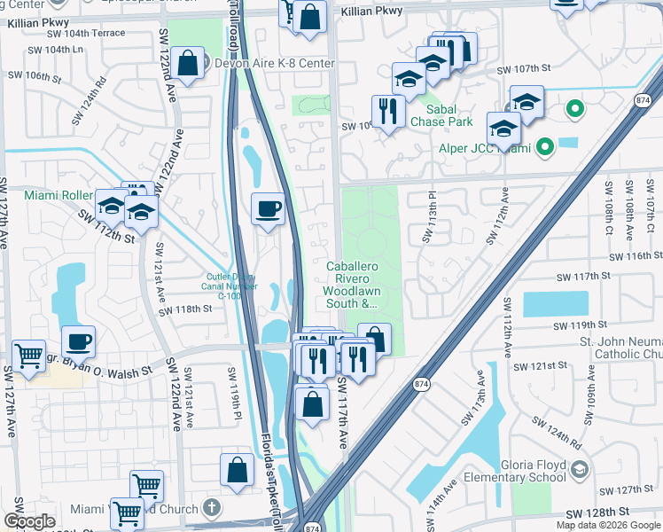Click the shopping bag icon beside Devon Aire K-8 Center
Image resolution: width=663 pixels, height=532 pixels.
point(188,63)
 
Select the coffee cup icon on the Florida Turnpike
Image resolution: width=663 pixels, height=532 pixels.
point(269,209)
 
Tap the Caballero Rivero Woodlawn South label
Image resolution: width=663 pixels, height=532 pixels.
point(359,284)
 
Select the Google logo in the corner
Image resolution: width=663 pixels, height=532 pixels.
point(29,521)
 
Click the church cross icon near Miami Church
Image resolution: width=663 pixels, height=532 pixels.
point(210,508)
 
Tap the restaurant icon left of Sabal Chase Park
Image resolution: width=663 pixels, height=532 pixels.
point(388,111)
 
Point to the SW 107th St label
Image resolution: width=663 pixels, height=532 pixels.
point(524,69)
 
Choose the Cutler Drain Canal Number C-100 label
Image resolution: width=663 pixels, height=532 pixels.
point(226,286)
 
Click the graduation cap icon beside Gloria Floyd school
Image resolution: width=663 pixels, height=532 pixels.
point(579,469)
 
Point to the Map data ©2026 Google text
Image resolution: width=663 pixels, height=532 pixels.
point(609,525)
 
